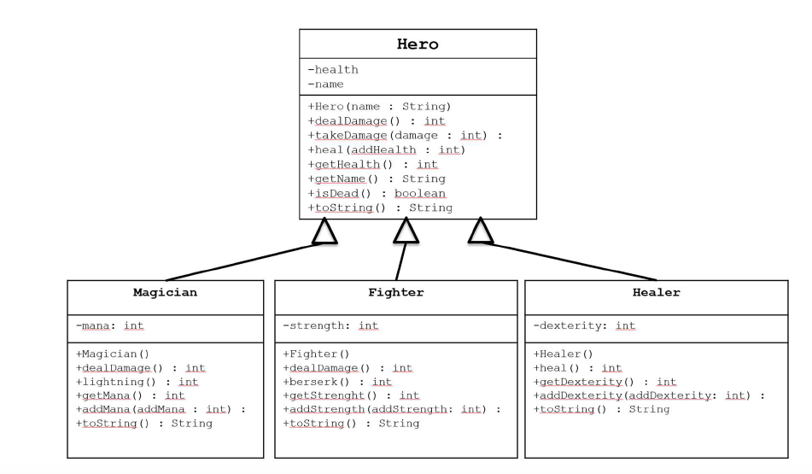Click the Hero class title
418,44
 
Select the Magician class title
165,292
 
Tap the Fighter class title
395,292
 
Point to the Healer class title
655,292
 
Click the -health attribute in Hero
333,70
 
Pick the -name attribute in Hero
327,85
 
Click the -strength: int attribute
330,325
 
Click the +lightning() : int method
137,382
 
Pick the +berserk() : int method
337,382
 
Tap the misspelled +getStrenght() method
351,395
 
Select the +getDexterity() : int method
605,382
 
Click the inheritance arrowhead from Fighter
406,231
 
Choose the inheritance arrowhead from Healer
482,231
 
